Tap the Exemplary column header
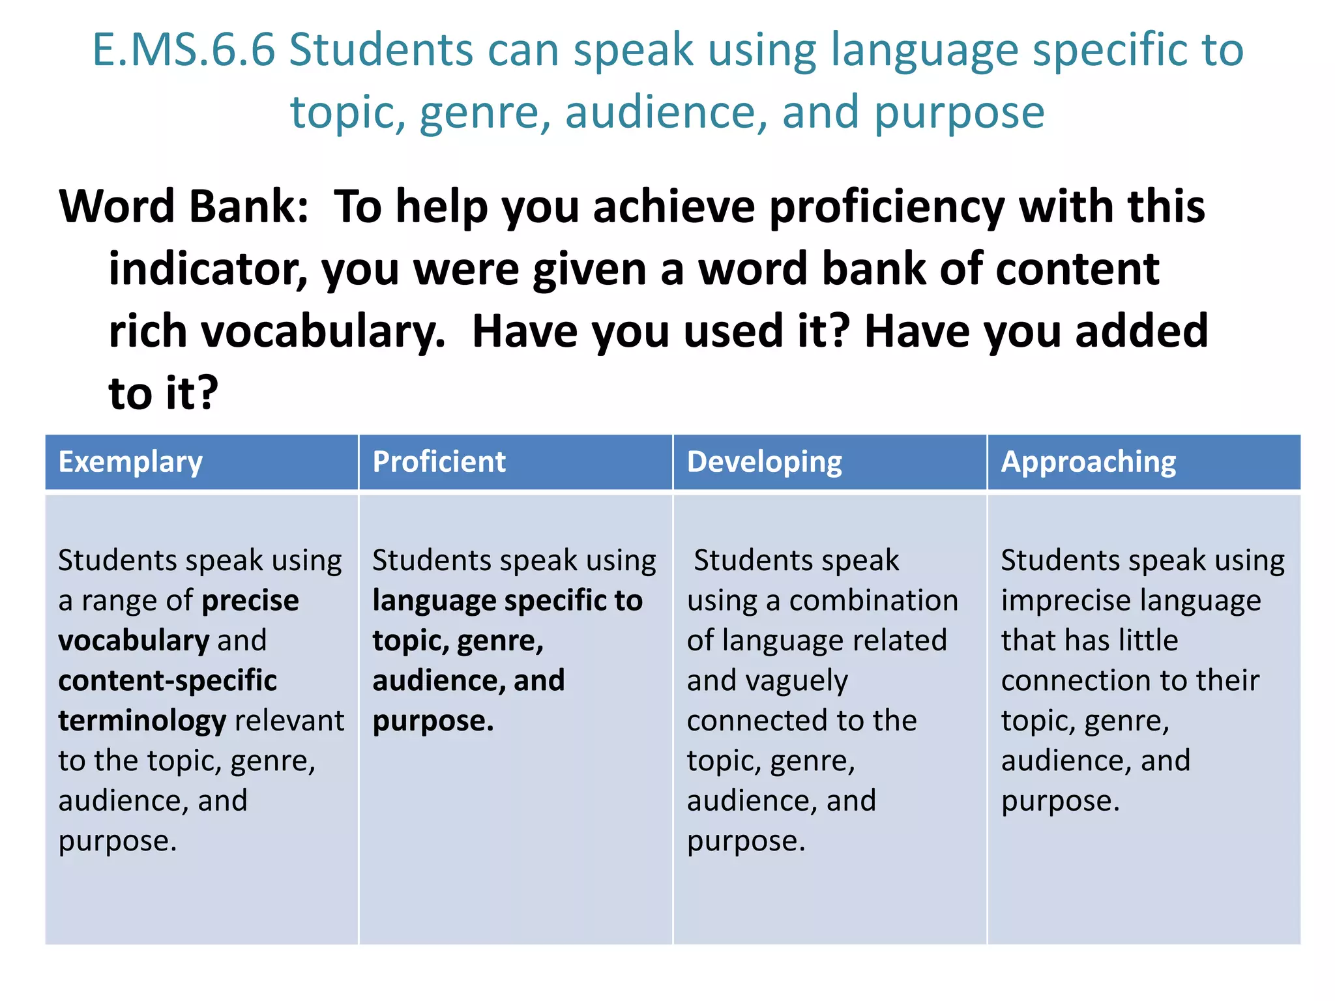[130, 462]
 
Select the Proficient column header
[439, 462]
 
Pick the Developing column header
[764, 462]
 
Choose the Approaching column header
[1088, 462]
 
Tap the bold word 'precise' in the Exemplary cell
[250, 601]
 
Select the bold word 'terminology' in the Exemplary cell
[142, 721]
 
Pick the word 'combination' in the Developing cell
[873, 601]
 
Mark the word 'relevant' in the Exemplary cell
[289, 721]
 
